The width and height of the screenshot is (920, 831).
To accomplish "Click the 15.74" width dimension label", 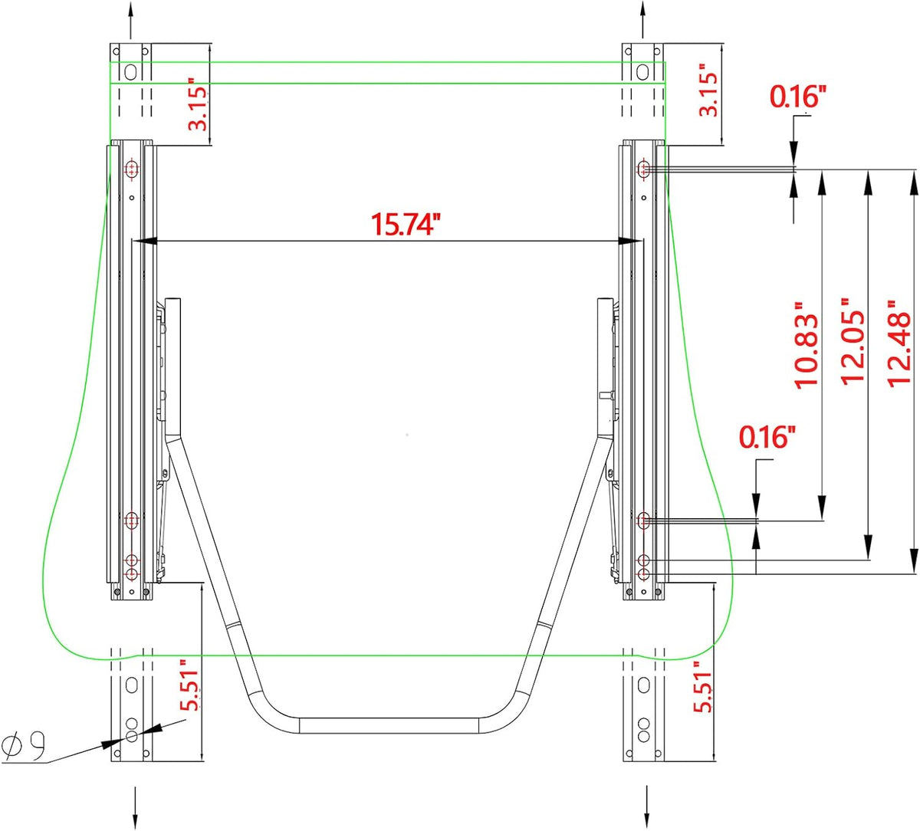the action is pos(406,225).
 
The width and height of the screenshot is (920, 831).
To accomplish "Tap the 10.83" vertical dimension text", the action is pos(807,346).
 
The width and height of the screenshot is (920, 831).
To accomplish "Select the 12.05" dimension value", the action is pos(852,341).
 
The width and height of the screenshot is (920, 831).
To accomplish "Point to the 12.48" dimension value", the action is pos(899,344).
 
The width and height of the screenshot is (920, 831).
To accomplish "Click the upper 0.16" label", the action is pos(797,97).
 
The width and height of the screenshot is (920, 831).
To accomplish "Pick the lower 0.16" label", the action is pos(767,437).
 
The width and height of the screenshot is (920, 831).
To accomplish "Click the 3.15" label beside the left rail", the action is pos(198,104).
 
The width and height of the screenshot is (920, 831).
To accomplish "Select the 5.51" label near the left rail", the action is pos(189,685).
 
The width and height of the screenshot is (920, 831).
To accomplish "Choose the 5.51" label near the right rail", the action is pos(702,687).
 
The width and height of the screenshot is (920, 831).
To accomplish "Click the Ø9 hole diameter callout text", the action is pos(24,745).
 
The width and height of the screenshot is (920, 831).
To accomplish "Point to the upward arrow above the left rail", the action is pos(130,20).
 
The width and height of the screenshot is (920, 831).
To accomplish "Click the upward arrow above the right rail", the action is pos(642,19).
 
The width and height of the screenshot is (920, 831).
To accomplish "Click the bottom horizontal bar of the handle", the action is pos(389,726).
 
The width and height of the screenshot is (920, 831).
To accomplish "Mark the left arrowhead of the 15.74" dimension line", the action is pos(144,240).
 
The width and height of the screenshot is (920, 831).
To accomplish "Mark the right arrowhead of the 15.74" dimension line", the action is pos(630,240).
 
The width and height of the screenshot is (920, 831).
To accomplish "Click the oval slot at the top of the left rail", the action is pos(131,71).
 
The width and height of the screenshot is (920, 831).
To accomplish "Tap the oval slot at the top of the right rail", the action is pos(643,71).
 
